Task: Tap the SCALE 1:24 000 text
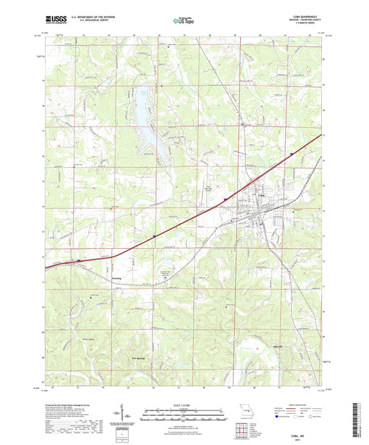click(183, 404)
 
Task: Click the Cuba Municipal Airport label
click(207, 186)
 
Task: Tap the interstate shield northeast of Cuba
click(291, 153)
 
